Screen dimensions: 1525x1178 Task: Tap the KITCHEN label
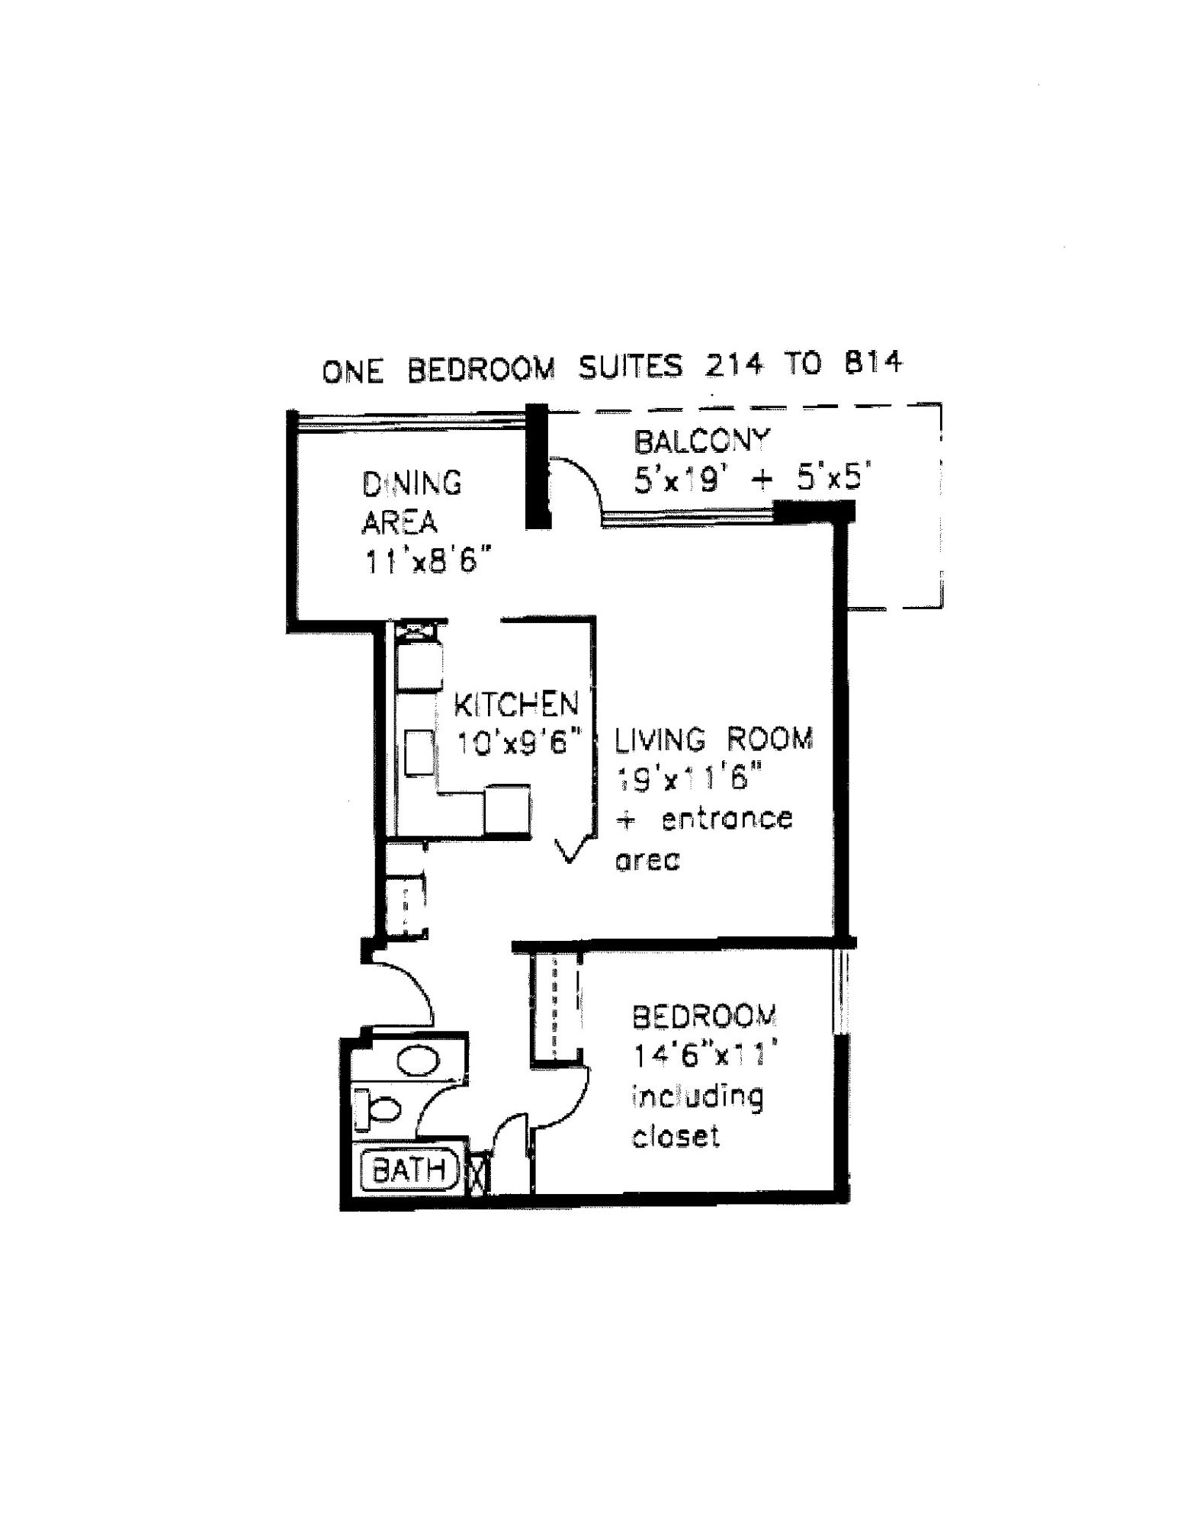pos(515,705)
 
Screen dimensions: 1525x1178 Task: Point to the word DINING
pos(412,483)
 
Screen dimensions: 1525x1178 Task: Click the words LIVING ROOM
pos(714,739)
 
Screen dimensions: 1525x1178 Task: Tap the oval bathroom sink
pos(418,1061)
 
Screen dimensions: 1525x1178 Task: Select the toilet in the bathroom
pos(381,1109)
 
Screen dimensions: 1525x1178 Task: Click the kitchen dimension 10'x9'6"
pos(518,742)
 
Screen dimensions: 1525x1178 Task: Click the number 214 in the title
pos(733,365)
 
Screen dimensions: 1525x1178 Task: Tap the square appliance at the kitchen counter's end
pos(507,811)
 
